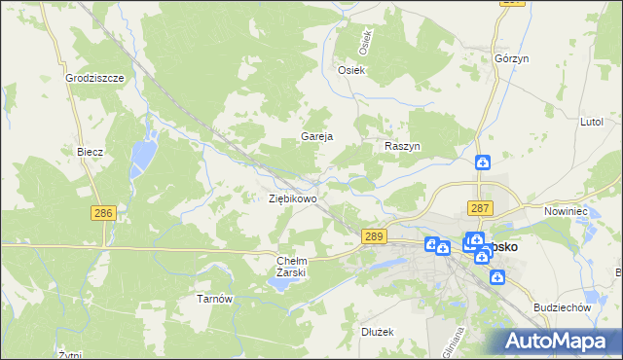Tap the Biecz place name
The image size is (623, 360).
91,153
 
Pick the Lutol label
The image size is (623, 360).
592,124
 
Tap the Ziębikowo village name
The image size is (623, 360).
293,198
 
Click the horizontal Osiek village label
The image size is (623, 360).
350,70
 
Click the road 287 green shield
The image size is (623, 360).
481,208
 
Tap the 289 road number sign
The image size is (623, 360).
374,236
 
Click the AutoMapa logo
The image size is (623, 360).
559,341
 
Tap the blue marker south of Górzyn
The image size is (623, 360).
482,165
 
